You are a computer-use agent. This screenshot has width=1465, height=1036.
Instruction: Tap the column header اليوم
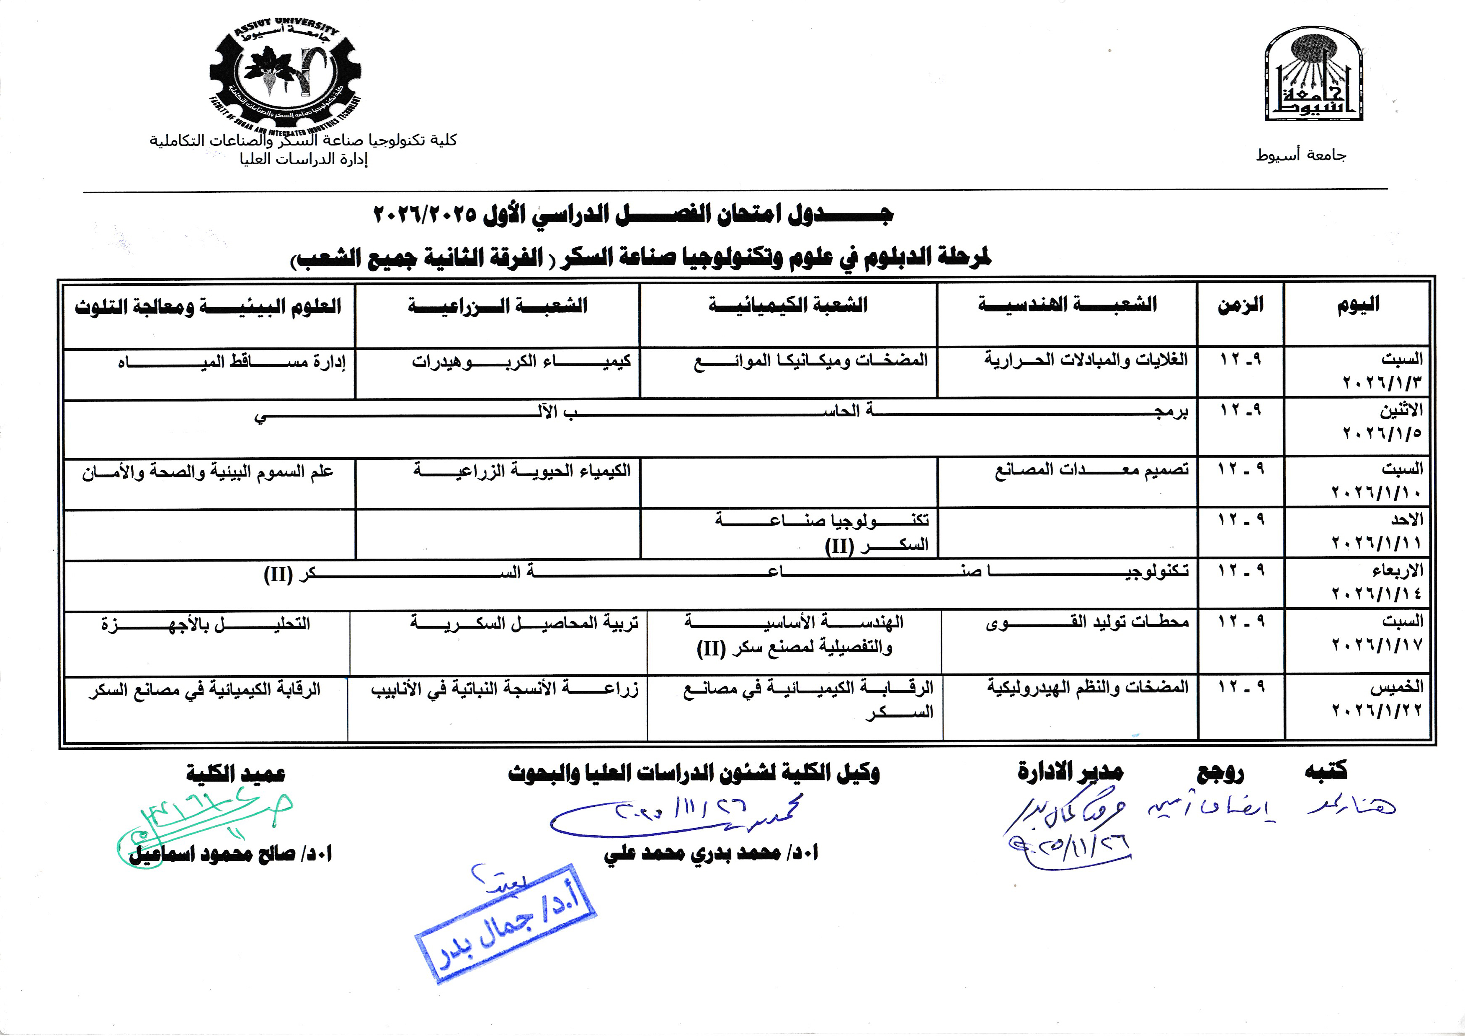tap(1358, 305)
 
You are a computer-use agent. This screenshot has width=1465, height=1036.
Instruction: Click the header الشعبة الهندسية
tap(1067, 305)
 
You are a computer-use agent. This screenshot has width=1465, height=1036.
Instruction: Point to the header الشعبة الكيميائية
tap(788, 305)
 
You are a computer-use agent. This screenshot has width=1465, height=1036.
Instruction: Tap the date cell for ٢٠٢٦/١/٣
tap(1382, 371)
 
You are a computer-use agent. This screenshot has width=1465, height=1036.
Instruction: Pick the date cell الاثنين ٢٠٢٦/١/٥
tap(1382, 421)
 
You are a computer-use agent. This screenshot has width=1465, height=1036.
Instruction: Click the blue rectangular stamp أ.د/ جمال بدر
tap(506, 924)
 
